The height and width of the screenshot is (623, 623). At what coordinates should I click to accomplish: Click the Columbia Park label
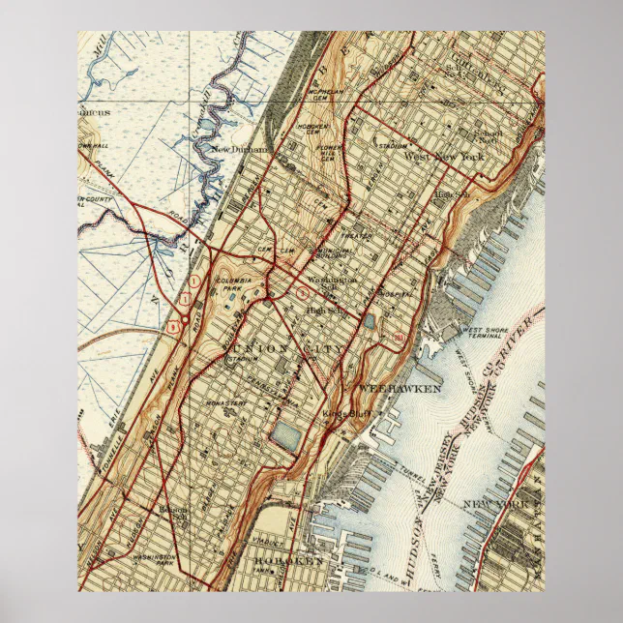(x=231, y=283)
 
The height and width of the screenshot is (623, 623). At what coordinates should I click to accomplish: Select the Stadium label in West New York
(x=391, y=149)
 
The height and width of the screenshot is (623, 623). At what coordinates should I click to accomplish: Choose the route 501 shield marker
(x=399, y=337)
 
